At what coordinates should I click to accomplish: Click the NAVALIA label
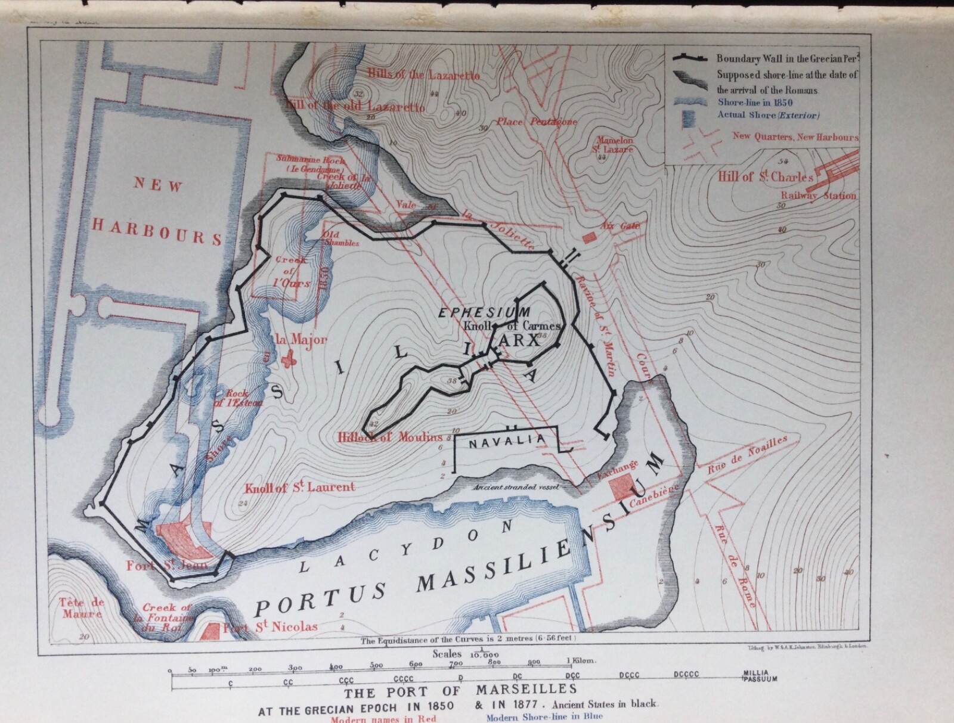click(506, 440)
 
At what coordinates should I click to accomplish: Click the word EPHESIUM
click(484, 312)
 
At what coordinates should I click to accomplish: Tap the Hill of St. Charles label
click(766, 177)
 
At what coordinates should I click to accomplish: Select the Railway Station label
click(819, 196)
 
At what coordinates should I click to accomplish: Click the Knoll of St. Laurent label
click(299, 488)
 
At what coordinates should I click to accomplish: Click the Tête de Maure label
click(81, 607)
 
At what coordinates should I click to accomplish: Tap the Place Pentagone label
click(537, 122)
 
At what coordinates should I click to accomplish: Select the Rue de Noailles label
click(747, 454)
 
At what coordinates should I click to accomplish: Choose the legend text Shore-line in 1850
click(755, 103)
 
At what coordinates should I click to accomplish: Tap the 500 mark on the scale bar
click(376, 665)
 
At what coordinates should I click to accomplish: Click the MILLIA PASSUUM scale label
click(760, 676)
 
